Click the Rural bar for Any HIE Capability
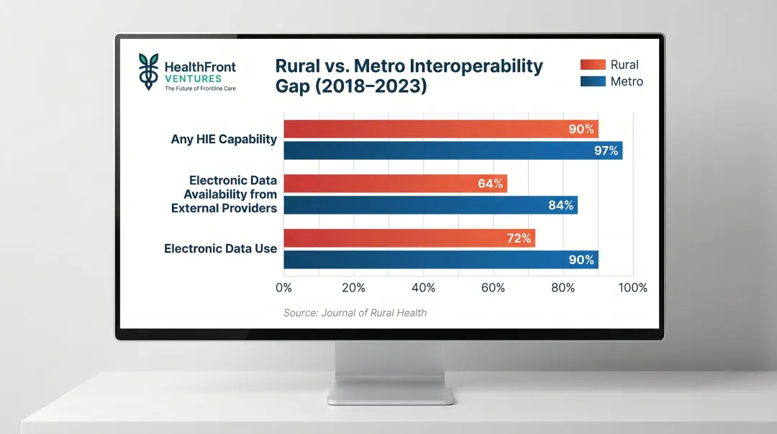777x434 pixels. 440,130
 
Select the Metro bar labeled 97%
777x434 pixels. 453,150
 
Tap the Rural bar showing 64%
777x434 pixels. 395,184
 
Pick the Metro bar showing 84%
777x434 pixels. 430,205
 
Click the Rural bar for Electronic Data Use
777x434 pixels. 409,238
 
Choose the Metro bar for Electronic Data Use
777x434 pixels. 440,260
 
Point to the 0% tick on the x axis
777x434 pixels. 283,288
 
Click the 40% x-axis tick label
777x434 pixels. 423,288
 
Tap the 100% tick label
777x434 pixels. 632,288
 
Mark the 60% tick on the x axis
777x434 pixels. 493,288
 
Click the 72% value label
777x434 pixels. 519,238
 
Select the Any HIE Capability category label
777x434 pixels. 224,140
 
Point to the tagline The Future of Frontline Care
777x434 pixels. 199,89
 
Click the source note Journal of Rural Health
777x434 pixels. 355,312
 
